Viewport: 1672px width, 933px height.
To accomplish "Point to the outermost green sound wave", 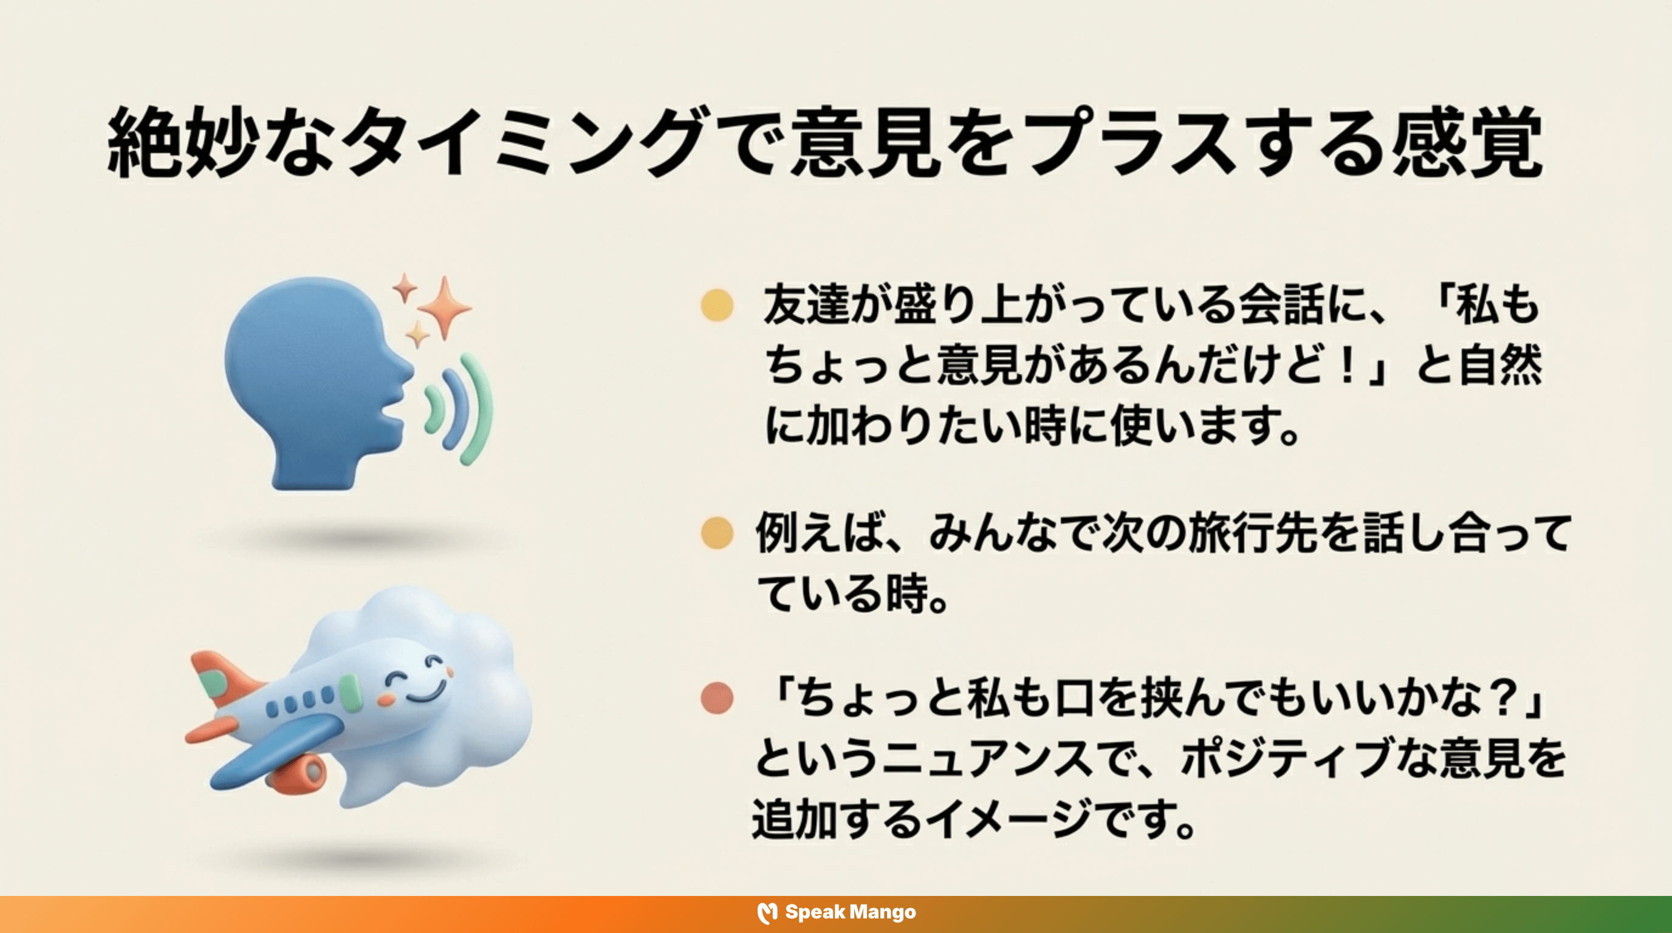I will pyautogui.click(x=479, y=409).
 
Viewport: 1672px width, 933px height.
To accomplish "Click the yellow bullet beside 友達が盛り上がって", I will pyautogui.click(x=717, y=305).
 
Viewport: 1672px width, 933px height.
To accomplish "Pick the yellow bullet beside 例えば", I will pyautogui.click(x=717, y=533).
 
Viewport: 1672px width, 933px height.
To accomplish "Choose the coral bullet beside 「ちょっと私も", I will pyautogui.click(x=717, y=698).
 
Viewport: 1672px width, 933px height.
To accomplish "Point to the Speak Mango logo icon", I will pyautogui.click(x=767, y=913).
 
